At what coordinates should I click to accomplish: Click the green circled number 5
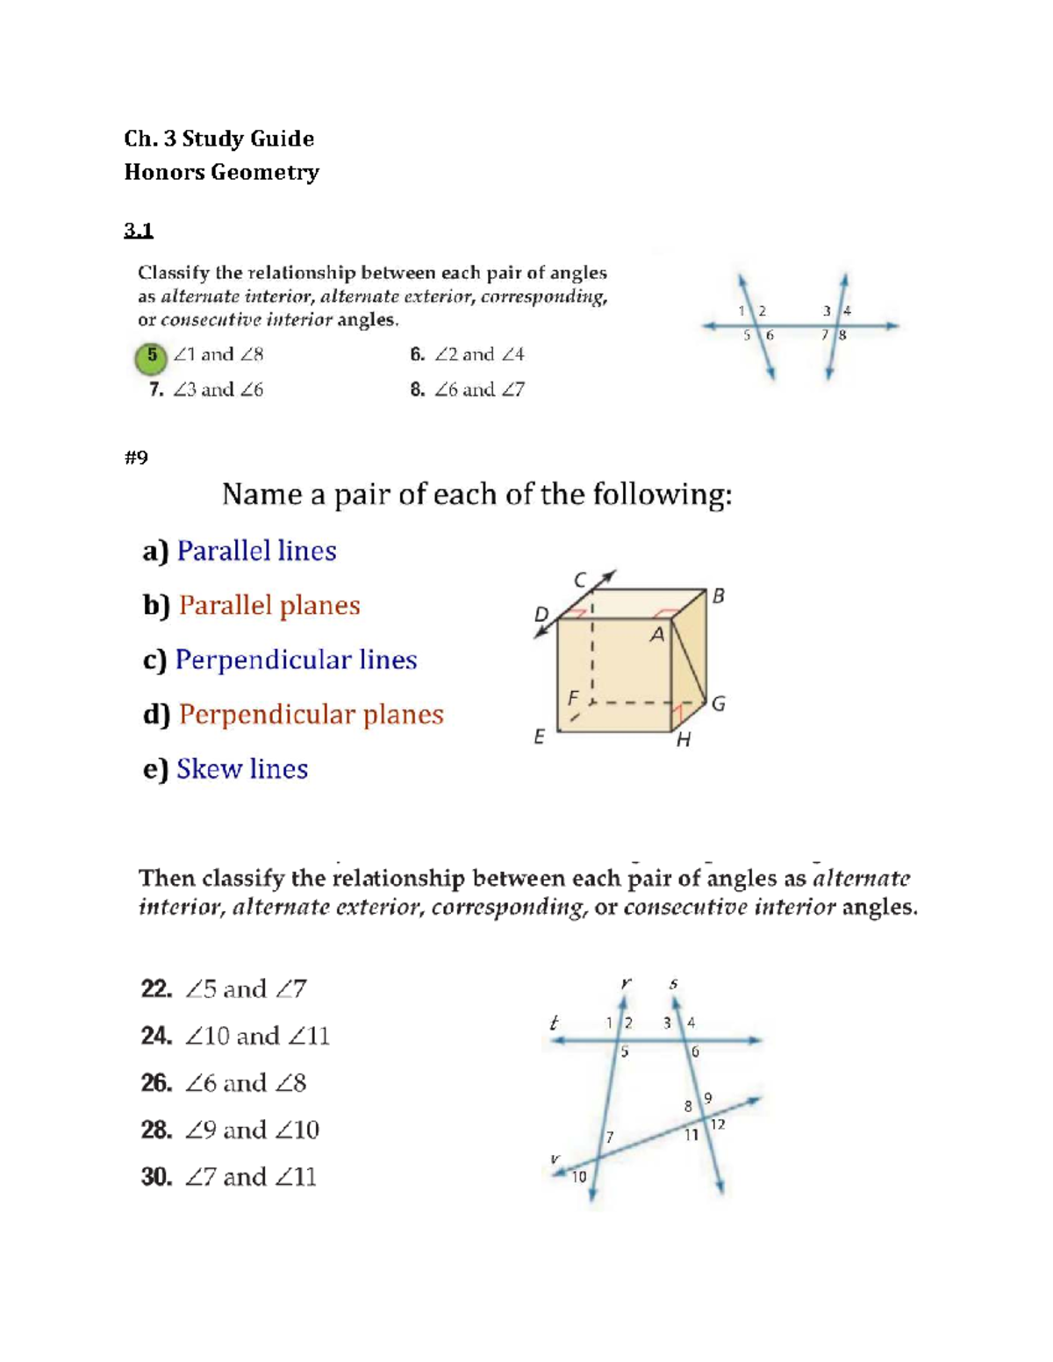pyautogui.click(x=152, y=357)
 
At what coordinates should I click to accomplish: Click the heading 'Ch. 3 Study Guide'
pyautogui.click(x=218, y=139)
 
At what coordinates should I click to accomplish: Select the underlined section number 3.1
pyautogui.click(x=139, y=231)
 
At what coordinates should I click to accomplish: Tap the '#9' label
pyautogui.click(x=136, y=457)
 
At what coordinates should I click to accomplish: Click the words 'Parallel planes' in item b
pyautogui.click(x=269, y=605)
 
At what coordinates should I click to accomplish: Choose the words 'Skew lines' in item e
pyautogui.click(x=242, y=768)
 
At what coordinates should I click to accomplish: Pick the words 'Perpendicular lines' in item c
pyautogui.click(x=296, y=660)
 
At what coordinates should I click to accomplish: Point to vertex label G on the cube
pyautogui.click(x=719, y=703)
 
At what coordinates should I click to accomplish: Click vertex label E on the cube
pyautogui.click(x=539, y=737)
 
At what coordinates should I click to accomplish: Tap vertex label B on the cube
pyautogui.click(x=719, y=595)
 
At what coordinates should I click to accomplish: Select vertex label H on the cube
pyautogui.click(x=684, y=740)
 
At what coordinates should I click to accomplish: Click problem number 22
pyautogui.click(x=156, y=989)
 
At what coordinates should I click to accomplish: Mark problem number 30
pyautogui.click(x=156, y=1177)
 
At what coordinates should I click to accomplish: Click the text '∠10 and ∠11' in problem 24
pyautogui.click(x=257, y=1036)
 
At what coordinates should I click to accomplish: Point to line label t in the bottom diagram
pyautogui.click(x=554, y=1023)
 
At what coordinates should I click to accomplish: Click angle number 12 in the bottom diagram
pyautogui.click(x=718, y=1124)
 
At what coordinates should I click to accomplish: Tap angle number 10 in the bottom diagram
pyautogui.click(x=579, y=1177)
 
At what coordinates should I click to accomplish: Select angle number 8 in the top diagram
pyautogui.click(x=842, y=335)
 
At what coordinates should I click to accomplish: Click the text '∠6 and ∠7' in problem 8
pyautogui.click(x=479, y=389)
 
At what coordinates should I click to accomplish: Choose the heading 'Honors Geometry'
pyautogui.click(x=221, y=172)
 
